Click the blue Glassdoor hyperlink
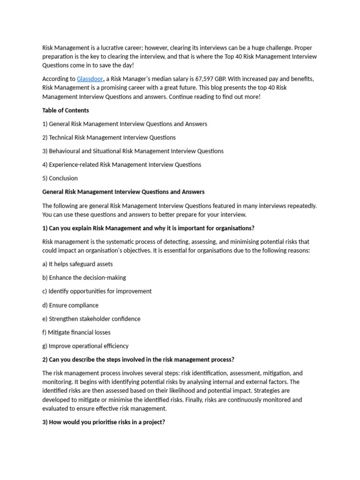click(90, 79)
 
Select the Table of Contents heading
click(66, 110)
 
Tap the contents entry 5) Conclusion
click(60, 178)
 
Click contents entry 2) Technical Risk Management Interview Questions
click(109, 137)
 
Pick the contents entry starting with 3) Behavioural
click(133, 151)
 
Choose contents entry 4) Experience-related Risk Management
click(121, 165)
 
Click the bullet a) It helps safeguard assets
click(77, 264)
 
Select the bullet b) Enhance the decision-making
click(84, 277)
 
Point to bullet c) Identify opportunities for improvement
click(97, 291)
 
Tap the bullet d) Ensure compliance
click(70, 305)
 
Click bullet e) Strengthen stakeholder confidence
click(91, 319)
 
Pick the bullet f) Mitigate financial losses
click(76, 332)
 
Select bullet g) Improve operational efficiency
click(85, 346)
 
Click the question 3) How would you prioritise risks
click(104, 422)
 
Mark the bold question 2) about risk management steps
click(138, 360)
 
